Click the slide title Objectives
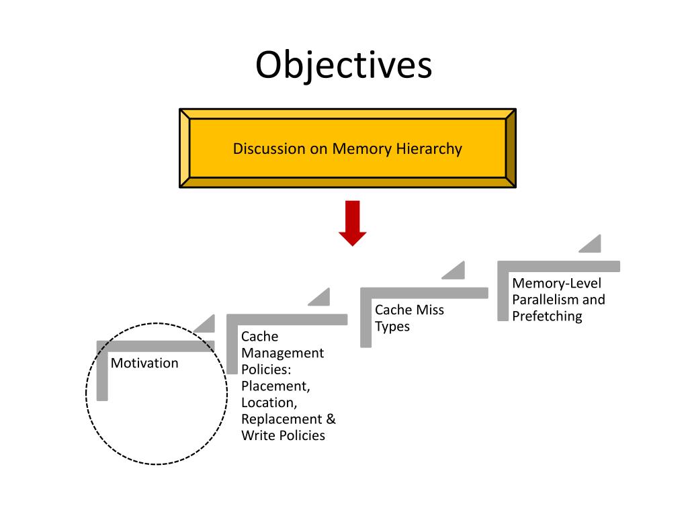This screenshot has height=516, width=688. (343, 65)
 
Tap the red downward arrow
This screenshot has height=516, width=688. (352, 223)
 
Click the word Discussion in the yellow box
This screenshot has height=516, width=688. (269, 148)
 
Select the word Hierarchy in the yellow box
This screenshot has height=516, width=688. (429, 149)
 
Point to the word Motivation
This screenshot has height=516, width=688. (144, 363)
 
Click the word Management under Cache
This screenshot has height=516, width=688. (283, 353)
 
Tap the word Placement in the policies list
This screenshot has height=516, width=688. (275, 386)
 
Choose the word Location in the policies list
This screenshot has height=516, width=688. (269, 403)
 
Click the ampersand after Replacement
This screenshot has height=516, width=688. (331, 419)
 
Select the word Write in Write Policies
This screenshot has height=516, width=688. (259, 435)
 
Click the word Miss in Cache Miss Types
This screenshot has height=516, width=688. (430, 310)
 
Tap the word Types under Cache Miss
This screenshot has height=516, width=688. (392, 327)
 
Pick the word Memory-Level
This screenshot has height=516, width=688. (556, 284)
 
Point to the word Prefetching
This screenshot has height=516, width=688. (547, 316)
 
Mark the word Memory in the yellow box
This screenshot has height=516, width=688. (361, 149)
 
